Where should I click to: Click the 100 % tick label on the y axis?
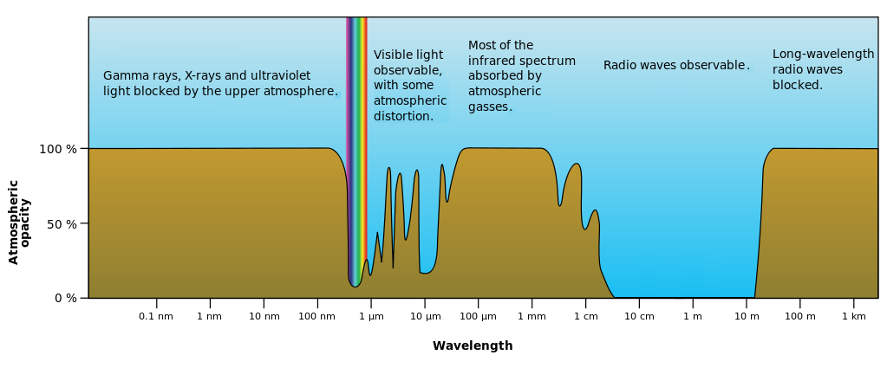(x=57, y=149)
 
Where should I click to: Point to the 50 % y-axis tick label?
(x=61, y=223)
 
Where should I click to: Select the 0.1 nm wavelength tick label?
(x=156, y=316)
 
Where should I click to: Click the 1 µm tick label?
(x=371, y=316)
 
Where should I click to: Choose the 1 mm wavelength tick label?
(x=532, y=316)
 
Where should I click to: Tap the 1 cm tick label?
(x=585, y=316)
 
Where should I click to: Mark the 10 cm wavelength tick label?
(x=639, y=316)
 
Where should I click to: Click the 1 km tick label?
(x=853, y=316)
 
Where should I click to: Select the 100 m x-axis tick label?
(x=799, y=316)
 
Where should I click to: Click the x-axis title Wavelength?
(x=473, y=346)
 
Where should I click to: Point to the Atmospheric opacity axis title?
(x=19, y=222)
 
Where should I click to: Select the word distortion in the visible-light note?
(x=403, y=116)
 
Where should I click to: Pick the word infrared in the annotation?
(x=490, y=61)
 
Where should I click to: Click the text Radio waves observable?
(x=675, y=65)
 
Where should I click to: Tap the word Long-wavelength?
(x=823, y=54)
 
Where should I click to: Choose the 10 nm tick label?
(x=264, y=316)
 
